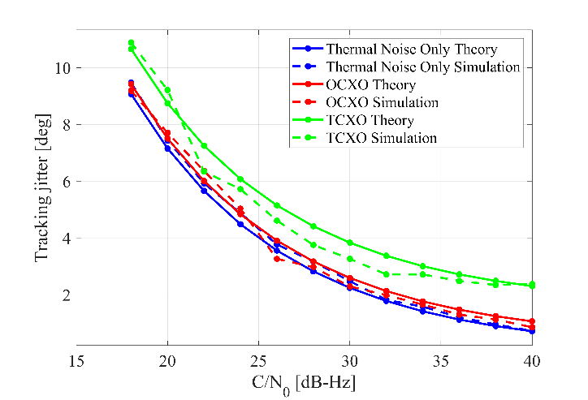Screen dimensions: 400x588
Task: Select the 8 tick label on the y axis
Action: click(x=64, y=124)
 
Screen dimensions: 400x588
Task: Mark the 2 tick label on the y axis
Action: click(x=64, y=295)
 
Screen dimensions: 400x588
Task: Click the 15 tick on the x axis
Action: click(x=77, y=361)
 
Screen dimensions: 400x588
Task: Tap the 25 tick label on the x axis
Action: click(x=258, y=361)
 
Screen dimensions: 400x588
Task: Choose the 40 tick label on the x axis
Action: click(x=531, y=361)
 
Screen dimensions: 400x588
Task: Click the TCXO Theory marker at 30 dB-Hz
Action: click(x=349, y=243)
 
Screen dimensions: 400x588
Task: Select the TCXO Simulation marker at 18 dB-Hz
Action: click(x=131, y=43)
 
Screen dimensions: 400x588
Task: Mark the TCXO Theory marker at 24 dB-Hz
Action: click(x=240, y=179)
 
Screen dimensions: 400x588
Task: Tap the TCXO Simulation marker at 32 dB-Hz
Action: click(x=386, y=274)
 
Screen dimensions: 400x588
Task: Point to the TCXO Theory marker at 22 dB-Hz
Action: click(x=204, y=145)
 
